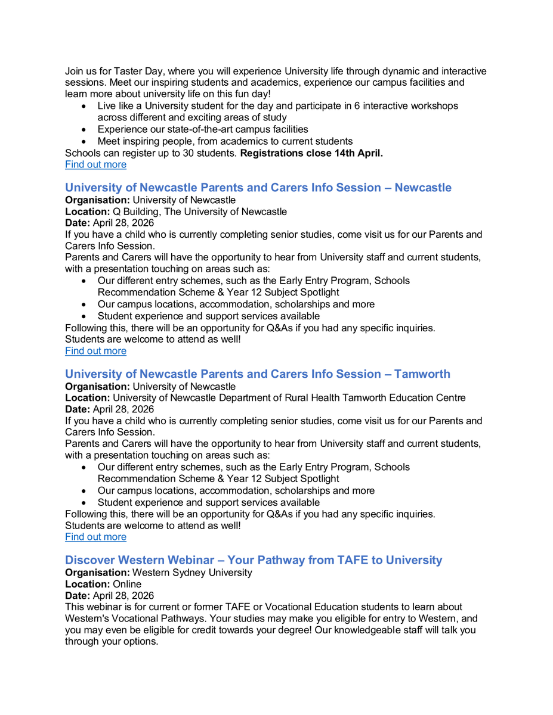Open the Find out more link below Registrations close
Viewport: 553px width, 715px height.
click(95, 164)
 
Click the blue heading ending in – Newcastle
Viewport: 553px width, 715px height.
click(258, 188)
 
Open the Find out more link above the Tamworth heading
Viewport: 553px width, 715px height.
click(95, 351)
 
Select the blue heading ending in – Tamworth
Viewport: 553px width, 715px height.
click(257, 374)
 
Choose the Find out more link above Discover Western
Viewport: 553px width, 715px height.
click(95, 537)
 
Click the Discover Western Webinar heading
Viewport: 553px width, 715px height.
click(254, 560)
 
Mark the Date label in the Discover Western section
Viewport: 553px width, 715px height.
click(78, 596)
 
